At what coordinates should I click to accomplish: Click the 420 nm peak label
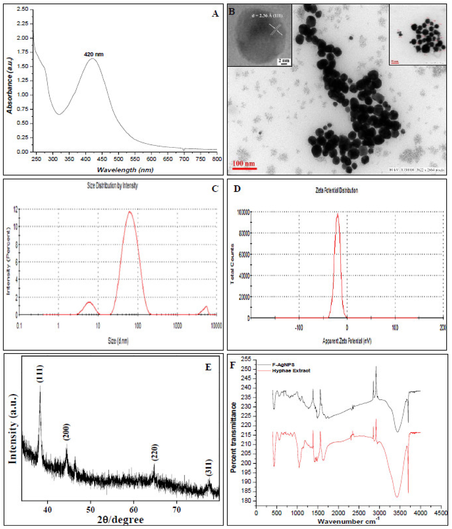[94, 54]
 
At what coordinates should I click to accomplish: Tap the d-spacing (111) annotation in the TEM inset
[267, 16]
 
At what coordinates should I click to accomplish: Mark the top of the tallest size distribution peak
[130, 212]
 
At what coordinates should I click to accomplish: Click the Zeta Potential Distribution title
[337, 190]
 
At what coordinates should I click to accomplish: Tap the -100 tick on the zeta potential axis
[299, 328]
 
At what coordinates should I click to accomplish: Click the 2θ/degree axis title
[120, 520]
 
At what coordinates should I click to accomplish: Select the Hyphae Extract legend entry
[291, 371]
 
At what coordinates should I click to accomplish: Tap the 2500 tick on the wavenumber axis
[359, 513]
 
